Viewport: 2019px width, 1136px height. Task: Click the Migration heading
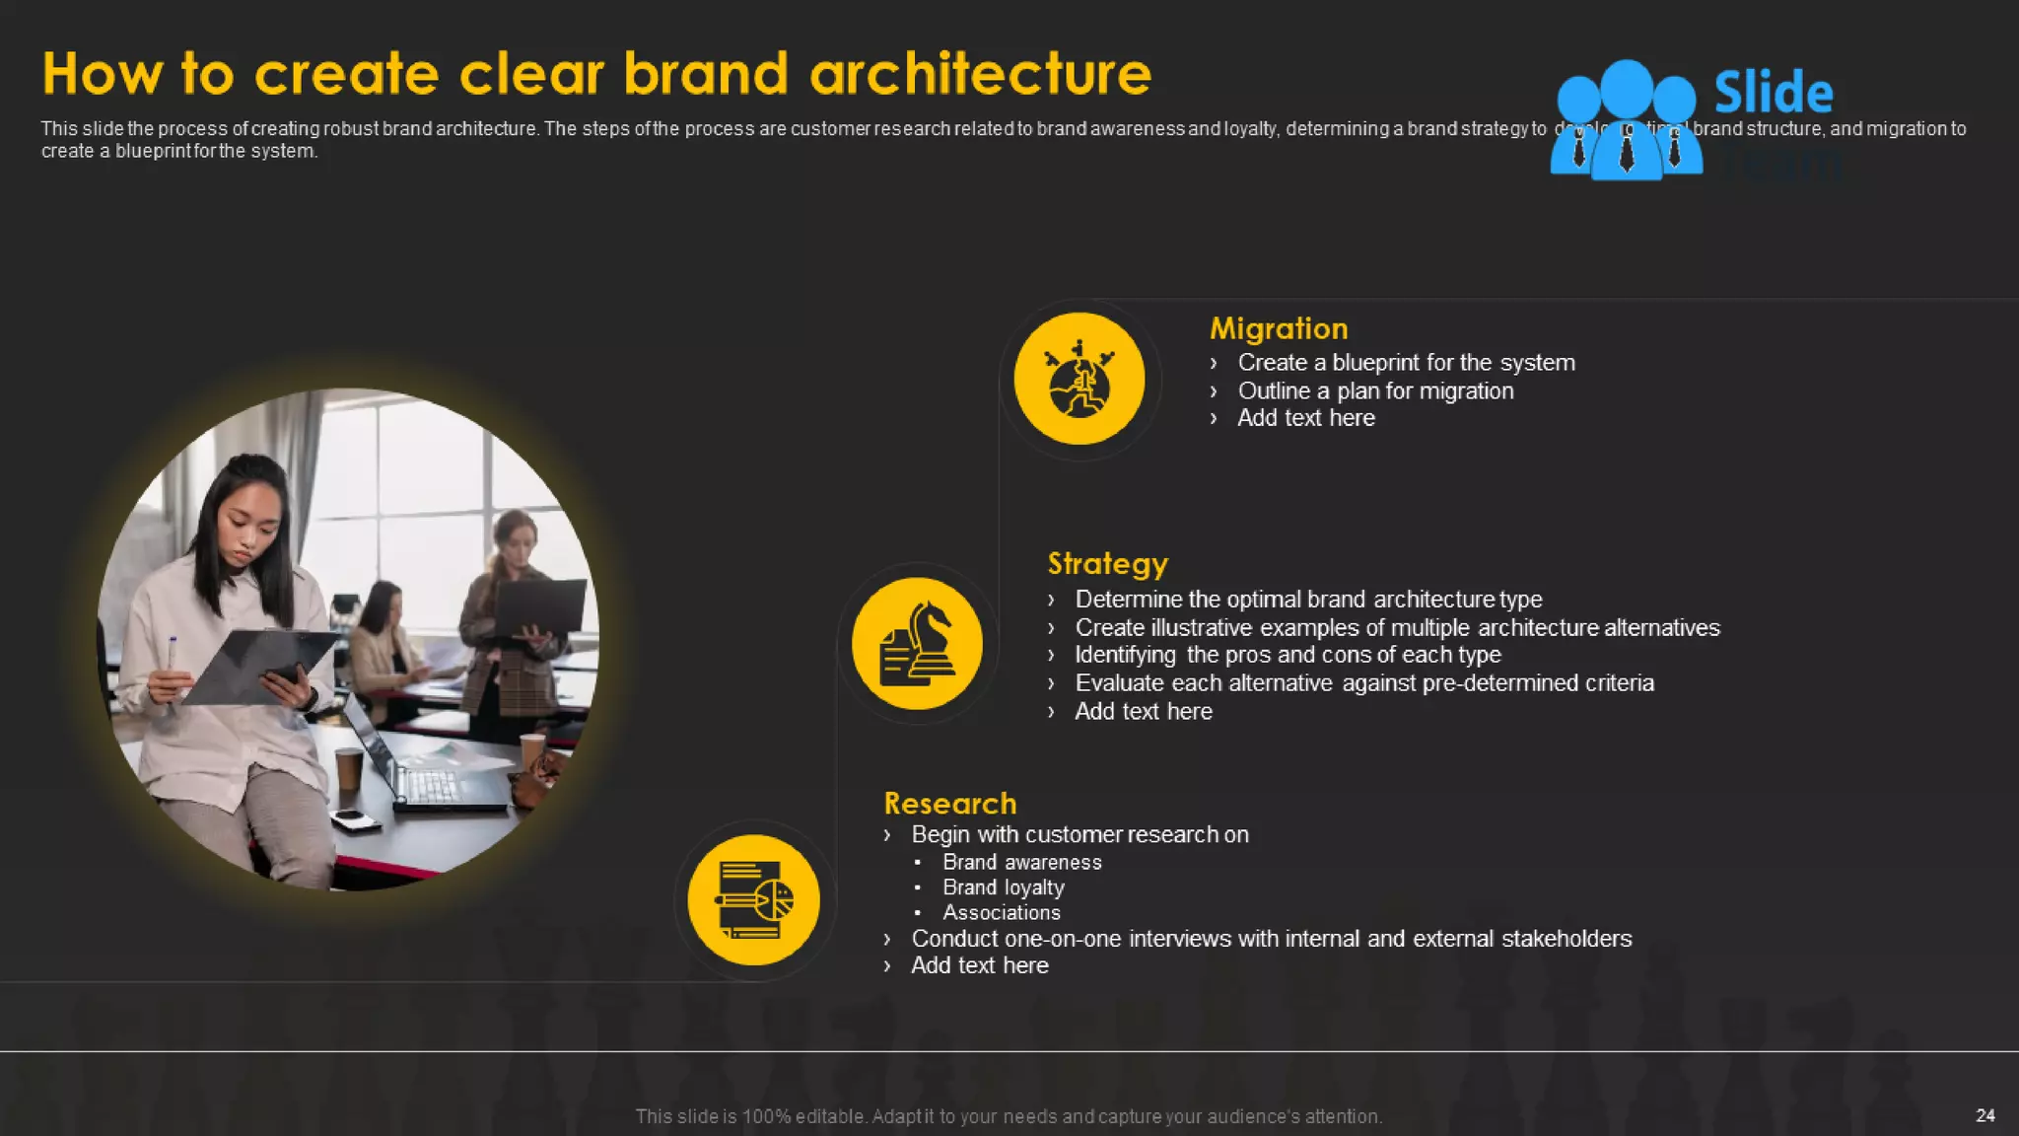point(1278,328)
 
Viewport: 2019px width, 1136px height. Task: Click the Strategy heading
point(1107,563)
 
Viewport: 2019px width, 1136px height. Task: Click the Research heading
point(949,803)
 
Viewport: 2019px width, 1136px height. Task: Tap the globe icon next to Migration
point(1079,379)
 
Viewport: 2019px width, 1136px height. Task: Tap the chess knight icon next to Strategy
point(917,643)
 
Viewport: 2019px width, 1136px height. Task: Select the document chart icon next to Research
point(753,899)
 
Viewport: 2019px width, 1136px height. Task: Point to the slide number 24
point(1984,1115)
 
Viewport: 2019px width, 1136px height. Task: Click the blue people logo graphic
point(1626,120)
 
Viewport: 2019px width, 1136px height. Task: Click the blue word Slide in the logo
point(1773,93)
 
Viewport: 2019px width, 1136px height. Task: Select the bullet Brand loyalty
point(1003,887)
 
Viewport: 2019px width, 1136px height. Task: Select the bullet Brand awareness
point(1021,862)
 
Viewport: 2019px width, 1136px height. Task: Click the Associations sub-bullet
point(1001,913)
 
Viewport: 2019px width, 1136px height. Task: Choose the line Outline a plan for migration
point(1375,390)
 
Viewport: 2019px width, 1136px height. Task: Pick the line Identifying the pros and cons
point(1288,655)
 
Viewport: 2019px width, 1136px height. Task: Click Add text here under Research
point(979,965)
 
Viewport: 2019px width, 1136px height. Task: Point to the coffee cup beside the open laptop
point(348,769)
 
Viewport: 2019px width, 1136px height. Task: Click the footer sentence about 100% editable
point(1009,1116)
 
